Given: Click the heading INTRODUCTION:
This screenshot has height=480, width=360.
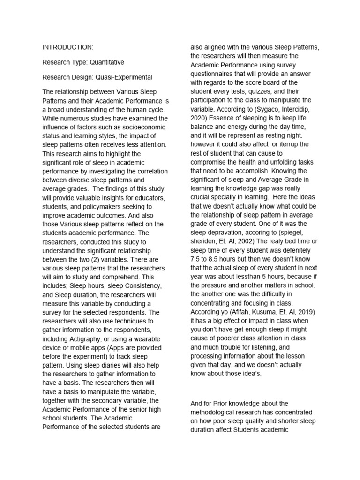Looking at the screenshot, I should tap(68, 47).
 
